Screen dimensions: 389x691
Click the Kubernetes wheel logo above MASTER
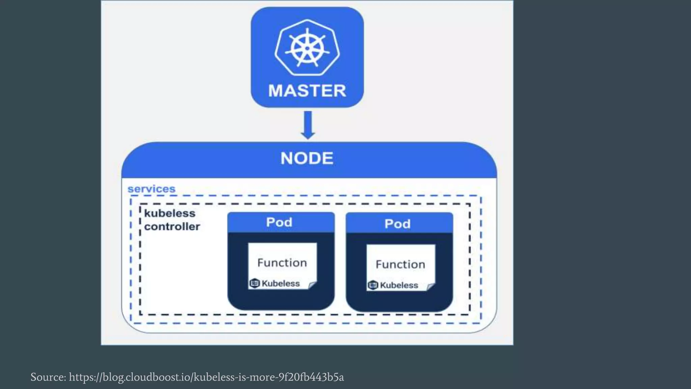point(307,47)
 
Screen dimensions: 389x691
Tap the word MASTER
point(307,91)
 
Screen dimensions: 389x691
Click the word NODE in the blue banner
point(307,158)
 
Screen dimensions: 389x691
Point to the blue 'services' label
point(151,189)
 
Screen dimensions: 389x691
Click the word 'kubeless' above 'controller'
point(170,213)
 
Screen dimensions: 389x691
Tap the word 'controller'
point(172,227)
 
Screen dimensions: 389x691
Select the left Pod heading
point(279,222)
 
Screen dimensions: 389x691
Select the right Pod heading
point(397,224)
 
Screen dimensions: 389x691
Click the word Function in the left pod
point(282,263)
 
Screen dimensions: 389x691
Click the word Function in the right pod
point(400,264)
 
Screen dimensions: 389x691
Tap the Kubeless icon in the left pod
point(254,283)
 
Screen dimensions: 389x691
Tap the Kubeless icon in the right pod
point(373,285)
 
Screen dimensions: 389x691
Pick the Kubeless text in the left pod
point(281,284)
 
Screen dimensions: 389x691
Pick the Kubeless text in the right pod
point(399,285)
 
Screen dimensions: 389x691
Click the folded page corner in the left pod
point(312,285)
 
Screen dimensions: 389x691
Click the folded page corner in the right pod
point(431,287)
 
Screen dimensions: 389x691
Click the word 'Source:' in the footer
point(48,377)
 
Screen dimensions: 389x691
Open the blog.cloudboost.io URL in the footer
point(206,377)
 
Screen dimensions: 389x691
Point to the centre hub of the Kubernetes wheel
point(307,48)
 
